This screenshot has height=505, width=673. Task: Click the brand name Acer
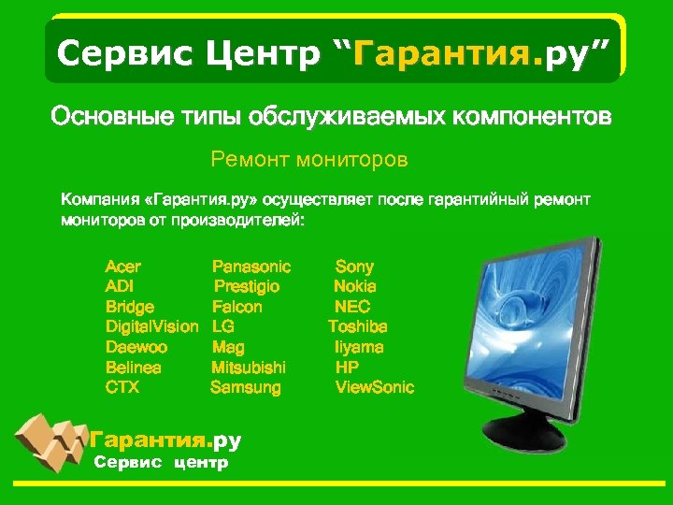click(x=123, y=267)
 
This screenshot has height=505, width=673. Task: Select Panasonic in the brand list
click(x=251, y=267)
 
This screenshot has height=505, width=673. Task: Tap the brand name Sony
click(x=354, y=267)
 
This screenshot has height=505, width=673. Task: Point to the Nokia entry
click(x=355, y=286)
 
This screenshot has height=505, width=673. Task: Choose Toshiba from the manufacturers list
click(x=357, y=326)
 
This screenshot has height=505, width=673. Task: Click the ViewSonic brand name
click(x=374, y=387)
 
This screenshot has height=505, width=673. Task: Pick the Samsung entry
click(x=245, y=387)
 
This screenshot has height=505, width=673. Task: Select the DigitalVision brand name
click(x=151, y=326)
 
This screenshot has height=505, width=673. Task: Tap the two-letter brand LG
click(x=222, y=326)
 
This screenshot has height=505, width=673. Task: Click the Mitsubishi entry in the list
click(x=249, y=367)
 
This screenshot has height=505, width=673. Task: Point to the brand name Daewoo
click(x=130, y=347)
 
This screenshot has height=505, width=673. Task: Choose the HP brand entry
click(x=347, y=367)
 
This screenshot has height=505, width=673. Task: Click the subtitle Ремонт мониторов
click(x=309, y=161)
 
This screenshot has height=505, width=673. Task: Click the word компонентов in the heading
click(x=532, y=118)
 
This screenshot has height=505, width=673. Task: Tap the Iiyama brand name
click(x=359, y=347)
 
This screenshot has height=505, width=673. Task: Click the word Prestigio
click(x=247, y=286)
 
